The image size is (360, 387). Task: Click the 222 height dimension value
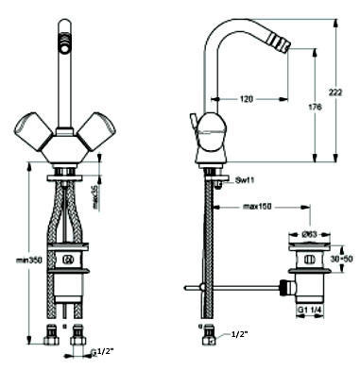335,93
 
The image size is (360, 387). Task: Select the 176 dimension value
315,107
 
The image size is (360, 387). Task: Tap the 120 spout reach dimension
247,99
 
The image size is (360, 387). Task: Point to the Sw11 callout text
245,180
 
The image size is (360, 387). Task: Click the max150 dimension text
257,207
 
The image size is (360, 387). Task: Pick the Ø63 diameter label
310,234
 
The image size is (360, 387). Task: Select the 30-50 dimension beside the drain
341,260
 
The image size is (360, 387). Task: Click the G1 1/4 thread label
310,310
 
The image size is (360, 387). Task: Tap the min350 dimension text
29,261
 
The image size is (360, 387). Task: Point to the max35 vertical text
95,197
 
